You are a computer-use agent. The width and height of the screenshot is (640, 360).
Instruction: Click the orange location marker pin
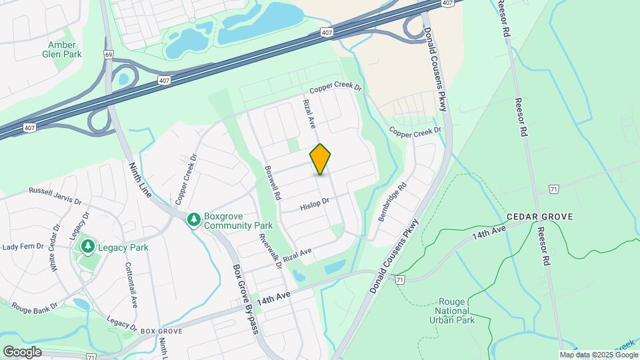point(321,159)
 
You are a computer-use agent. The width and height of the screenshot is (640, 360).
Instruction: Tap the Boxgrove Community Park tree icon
point(194,219)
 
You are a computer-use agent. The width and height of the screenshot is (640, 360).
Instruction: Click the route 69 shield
point(108,53)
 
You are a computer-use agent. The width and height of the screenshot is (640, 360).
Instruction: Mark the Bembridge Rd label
point(391,203)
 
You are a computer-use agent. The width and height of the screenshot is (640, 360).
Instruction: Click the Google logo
point(22,351)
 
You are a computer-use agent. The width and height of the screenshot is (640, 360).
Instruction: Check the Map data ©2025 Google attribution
point(598,355)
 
